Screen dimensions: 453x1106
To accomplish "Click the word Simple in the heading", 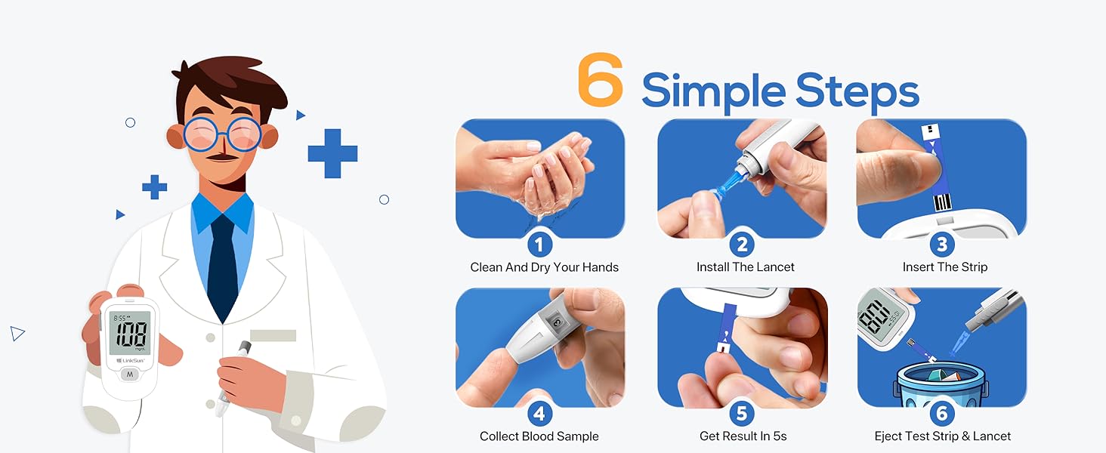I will pyautogui.click(x=710, y=92).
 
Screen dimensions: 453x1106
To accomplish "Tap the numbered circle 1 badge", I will pyautogui.click(x=539, y=245).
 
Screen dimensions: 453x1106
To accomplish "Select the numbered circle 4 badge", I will pyautogui.click(x=539, y=414).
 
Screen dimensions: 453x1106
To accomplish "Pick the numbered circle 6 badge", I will pyautogui.click(x=941, y=414).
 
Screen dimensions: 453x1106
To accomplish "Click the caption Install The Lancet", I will pyautogui.click(x=745, y=267).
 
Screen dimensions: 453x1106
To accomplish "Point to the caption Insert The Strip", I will pyautogui.click(x=944, y=267).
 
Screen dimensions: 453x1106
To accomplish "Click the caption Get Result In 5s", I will pyautogui.click(x=743, y=436).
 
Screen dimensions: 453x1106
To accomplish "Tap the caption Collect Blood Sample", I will pyautogui.click(x=539, y=436).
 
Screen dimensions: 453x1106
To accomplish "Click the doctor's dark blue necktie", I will pyautogui.click(x=222, y=264).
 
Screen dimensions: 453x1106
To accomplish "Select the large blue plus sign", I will pyautogui.click(x=332, y=153).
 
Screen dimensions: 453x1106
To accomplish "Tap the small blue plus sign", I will pyautogui.click(x=155, y=187).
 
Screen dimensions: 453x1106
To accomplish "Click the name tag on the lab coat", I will pyautogui.click(x=273, y=335).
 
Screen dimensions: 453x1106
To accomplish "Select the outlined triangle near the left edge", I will pyautogui.click(x=17, y=333).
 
